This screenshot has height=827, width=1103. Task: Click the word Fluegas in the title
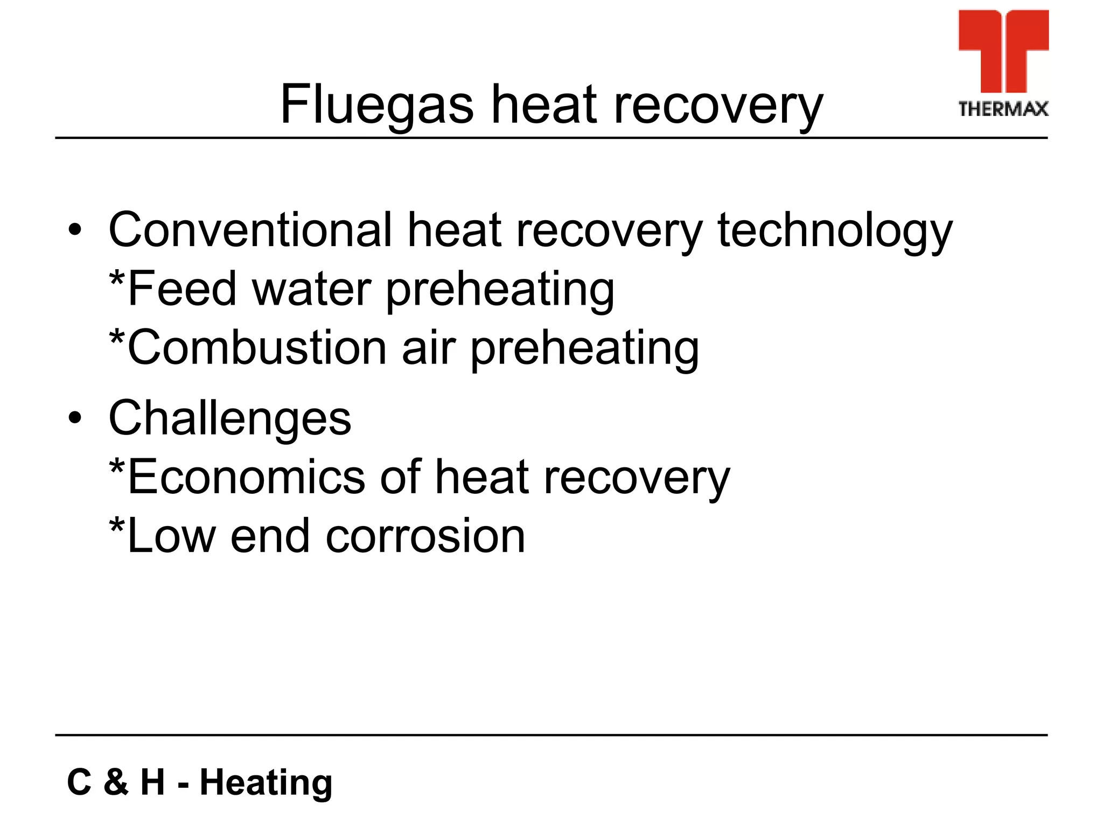(376, 105)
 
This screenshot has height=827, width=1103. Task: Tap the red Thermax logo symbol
(1003, 51)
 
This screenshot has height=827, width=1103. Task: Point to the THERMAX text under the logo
(1003, 109)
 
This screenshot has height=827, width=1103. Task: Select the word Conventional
(250, 230)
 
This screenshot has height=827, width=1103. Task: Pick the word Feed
(182, 289)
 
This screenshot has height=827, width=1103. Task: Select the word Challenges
(230, 418)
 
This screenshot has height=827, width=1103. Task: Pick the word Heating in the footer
(266, 782)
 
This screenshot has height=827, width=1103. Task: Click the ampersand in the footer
(116, 782)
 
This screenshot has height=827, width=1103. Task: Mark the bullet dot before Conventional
(75, 231)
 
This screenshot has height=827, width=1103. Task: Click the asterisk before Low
(117, 525)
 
